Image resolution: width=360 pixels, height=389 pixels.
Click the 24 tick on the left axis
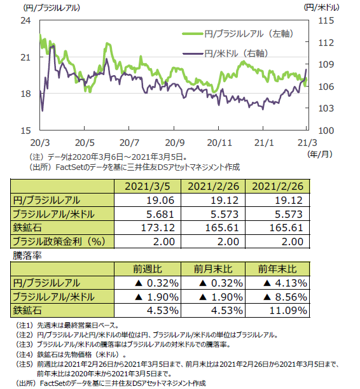coord(25,20)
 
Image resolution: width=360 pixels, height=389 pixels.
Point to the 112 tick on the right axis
coord(326,43)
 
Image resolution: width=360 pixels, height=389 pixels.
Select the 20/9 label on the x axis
coord(175,143)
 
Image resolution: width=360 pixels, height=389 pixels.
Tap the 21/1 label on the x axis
coord(264,143)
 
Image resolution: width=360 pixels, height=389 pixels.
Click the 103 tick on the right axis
coord(326,108)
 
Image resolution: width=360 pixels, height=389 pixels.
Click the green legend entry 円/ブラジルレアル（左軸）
coord(238,34)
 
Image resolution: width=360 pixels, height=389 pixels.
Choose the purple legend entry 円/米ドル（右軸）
coord(225,53)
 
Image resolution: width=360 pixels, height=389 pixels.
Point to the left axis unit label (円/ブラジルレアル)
coord(52,8)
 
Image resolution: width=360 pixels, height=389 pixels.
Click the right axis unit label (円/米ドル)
coord(322,8)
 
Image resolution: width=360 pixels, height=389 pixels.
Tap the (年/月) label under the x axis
coord(320,154)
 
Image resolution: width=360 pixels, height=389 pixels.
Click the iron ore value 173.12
coord(158,228)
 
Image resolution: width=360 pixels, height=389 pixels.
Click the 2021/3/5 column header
coord(148,187)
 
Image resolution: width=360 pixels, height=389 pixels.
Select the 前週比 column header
coord(148,269)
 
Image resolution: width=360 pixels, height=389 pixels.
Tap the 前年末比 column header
coord(277,269)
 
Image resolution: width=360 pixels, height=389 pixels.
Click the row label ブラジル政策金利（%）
coord(59,241)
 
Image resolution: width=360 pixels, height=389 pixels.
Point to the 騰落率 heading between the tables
coord(27,255)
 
